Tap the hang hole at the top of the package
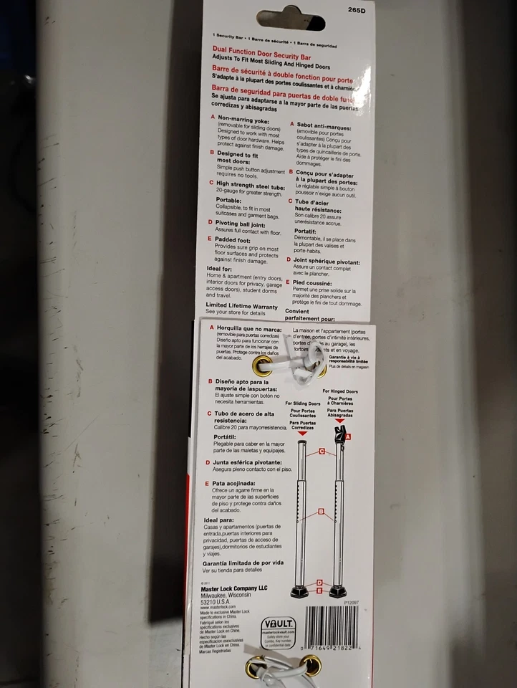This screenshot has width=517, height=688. (x=291, y=18)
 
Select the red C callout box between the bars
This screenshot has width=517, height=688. (x=322, y=451)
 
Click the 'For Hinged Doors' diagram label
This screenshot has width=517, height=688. (x=340, y=391)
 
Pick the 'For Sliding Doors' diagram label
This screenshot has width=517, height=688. (x=302, y=404)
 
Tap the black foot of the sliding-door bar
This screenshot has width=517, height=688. (x=301, y=592)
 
